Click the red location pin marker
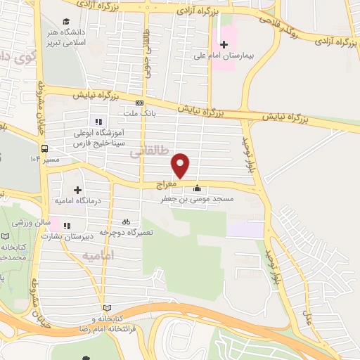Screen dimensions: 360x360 181,165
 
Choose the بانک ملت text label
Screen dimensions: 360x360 158,111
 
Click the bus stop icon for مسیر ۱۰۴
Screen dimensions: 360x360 45,149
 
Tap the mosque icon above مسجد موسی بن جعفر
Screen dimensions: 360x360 197,188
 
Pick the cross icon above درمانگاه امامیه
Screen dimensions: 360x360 77,189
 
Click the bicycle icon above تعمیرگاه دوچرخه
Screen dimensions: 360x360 126,221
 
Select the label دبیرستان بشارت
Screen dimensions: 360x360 67,237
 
